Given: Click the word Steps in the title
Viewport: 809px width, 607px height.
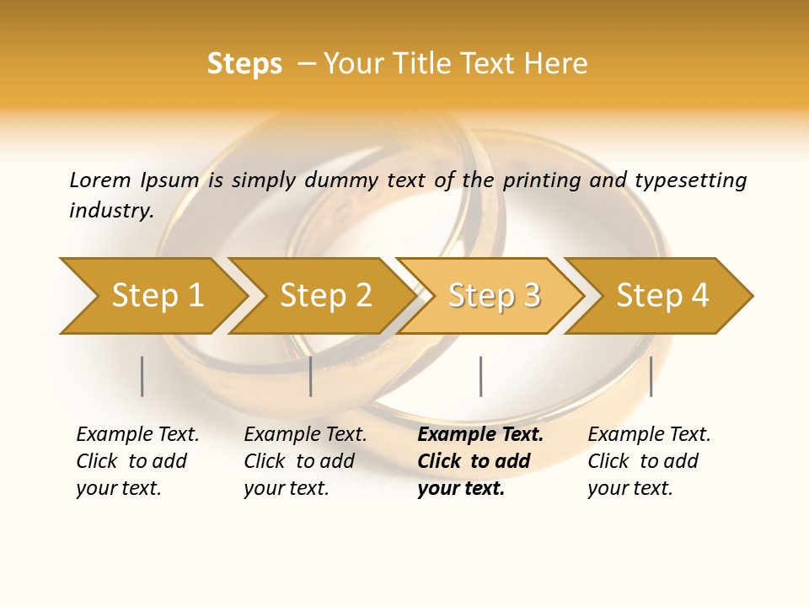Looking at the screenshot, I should (x=244, y=64).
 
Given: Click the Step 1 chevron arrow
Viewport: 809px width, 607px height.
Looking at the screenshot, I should (x=157, y=295).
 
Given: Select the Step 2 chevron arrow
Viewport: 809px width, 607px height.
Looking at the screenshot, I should (x=325, y=295).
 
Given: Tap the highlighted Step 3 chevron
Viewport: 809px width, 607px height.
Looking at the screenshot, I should (x=494, y=295).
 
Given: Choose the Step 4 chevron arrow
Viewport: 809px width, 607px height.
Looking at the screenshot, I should (x=662, y=295).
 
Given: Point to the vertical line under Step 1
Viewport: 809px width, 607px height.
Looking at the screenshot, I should (x=142, y=376).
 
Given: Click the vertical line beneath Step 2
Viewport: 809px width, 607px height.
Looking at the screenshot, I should (x=311, y=376).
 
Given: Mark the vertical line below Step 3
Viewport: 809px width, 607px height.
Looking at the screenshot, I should (x=480, y=376).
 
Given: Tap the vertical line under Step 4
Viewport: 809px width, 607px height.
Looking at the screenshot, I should (x=651, y=376).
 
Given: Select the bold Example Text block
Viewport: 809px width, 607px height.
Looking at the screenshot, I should (x=480, y=461).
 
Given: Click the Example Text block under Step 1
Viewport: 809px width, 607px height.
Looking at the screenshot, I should (x=137, y=461).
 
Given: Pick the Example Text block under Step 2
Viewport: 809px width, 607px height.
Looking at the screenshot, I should (x=305, y=461).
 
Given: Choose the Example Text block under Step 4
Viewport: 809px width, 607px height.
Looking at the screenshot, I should (x=649, y=461).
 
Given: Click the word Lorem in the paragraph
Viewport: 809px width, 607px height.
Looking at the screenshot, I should (x=99, y=180).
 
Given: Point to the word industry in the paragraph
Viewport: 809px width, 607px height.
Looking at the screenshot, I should (x=110, y=210).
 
